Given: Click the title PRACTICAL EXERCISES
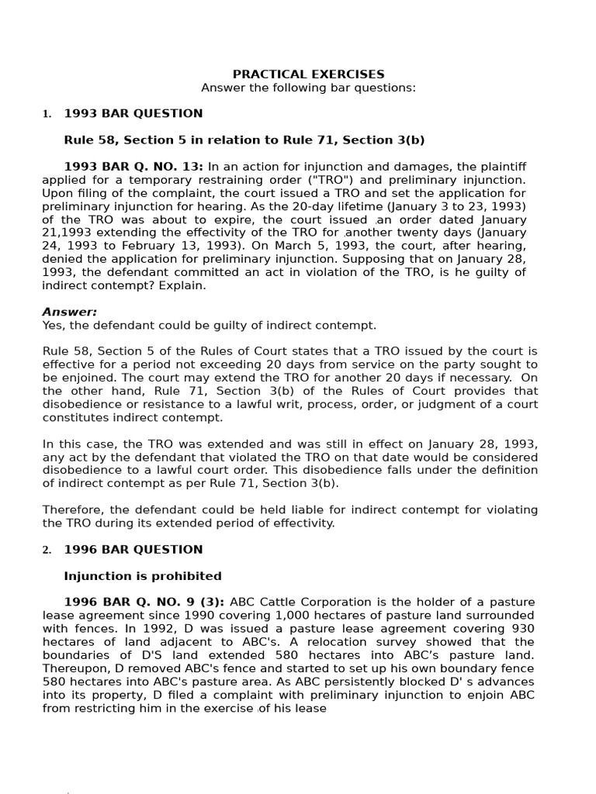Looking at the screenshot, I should click(x=308, y=74).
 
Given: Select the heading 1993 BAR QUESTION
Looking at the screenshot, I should click(x=133, y=113).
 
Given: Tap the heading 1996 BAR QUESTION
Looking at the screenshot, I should click(x=133, y=550).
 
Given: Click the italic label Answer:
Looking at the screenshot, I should click(x=70, y=312).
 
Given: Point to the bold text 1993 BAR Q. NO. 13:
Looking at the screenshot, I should click(x=133, y=166).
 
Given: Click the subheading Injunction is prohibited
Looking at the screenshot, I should click(x=142, y=576).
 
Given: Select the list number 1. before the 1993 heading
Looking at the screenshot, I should click(x=47, y=114).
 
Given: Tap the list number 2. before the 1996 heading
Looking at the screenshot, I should click(x=47, y=551).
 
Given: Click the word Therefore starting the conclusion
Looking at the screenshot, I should click(x=71, y=509).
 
